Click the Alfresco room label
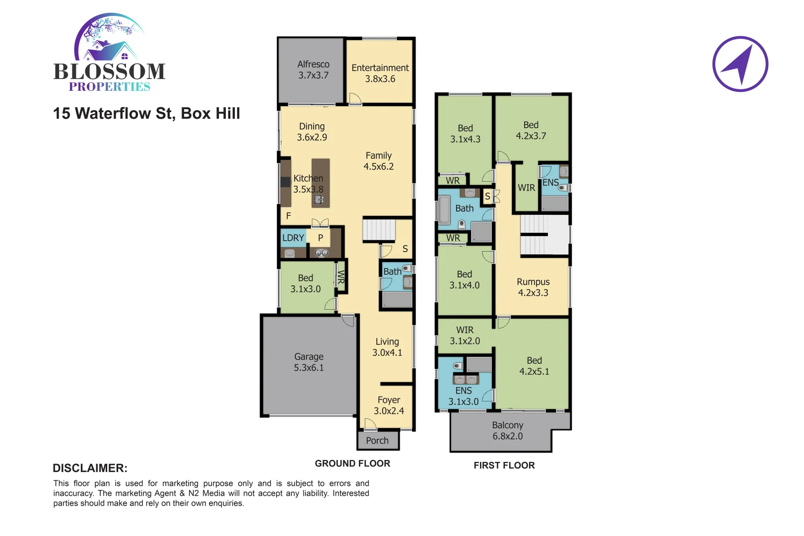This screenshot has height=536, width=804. pyautogui.click(x=313, y=70)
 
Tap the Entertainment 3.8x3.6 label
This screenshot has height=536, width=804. pyautogui.click(x=380, y=73)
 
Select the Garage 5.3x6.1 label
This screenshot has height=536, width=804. pyautogui.click(x=309, y=362)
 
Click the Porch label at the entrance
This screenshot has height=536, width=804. pyautogui.click(x=377, y=441)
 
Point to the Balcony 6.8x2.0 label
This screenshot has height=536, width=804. pyautogui.click(x=507, y=431)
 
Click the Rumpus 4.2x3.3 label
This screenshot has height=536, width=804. pyautogui.click(x=533, y=287)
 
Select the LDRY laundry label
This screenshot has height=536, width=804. pyautogui.click(x=293, y=238)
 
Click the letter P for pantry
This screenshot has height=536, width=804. pyautogui.click(x=321, y=238)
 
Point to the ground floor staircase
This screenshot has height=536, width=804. pyautogui.click(x=379, y=230)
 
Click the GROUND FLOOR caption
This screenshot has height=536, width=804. pyautogui.click(x=352, y=464)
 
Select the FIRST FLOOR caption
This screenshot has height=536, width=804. pyautogui.click(x=504, y=466)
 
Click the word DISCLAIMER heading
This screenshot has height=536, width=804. pyautogui.click(x=90, y=469)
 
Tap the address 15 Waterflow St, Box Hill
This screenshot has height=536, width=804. pyautogui.click(x=146, y=114)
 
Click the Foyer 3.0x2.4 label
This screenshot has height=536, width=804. pyautogui.click(x=389, y=405)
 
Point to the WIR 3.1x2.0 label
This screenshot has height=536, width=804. pyautogui.click(x=465, y=335)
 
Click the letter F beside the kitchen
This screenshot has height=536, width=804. pyautogui.click(x=288, y=216)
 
